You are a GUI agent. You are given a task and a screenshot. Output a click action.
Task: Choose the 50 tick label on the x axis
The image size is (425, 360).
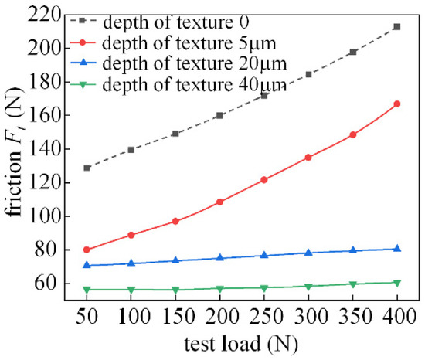87,314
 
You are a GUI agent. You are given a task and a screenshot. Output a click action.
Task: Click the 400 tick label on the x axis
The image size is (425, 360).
397,314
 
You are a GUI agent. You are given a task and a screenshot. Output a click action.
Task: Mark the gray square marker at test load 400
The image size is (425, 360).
397,26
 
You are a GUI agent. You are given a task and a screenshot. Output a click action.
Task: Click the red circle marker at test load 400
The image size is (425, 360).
397,104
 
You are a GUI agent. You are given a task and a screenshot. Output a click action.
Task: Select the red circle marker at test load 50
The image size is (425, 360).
87,250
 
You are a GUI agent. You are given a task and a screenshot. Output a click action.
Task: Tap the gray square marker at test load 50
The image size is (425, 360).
87,168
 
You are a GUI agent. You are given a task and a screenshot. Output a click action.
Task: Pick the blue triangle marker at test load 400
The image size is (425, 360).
397,249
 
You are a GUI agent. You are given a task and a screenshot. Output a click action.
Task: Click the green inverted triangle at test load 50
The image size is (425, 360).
87,290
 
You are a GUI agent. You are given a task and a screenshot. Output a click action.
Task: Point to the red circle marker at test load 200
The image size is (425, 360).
219,202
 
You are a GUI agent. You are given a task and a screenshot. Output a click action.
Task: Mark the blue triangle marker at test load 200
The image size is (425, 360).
219,258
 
